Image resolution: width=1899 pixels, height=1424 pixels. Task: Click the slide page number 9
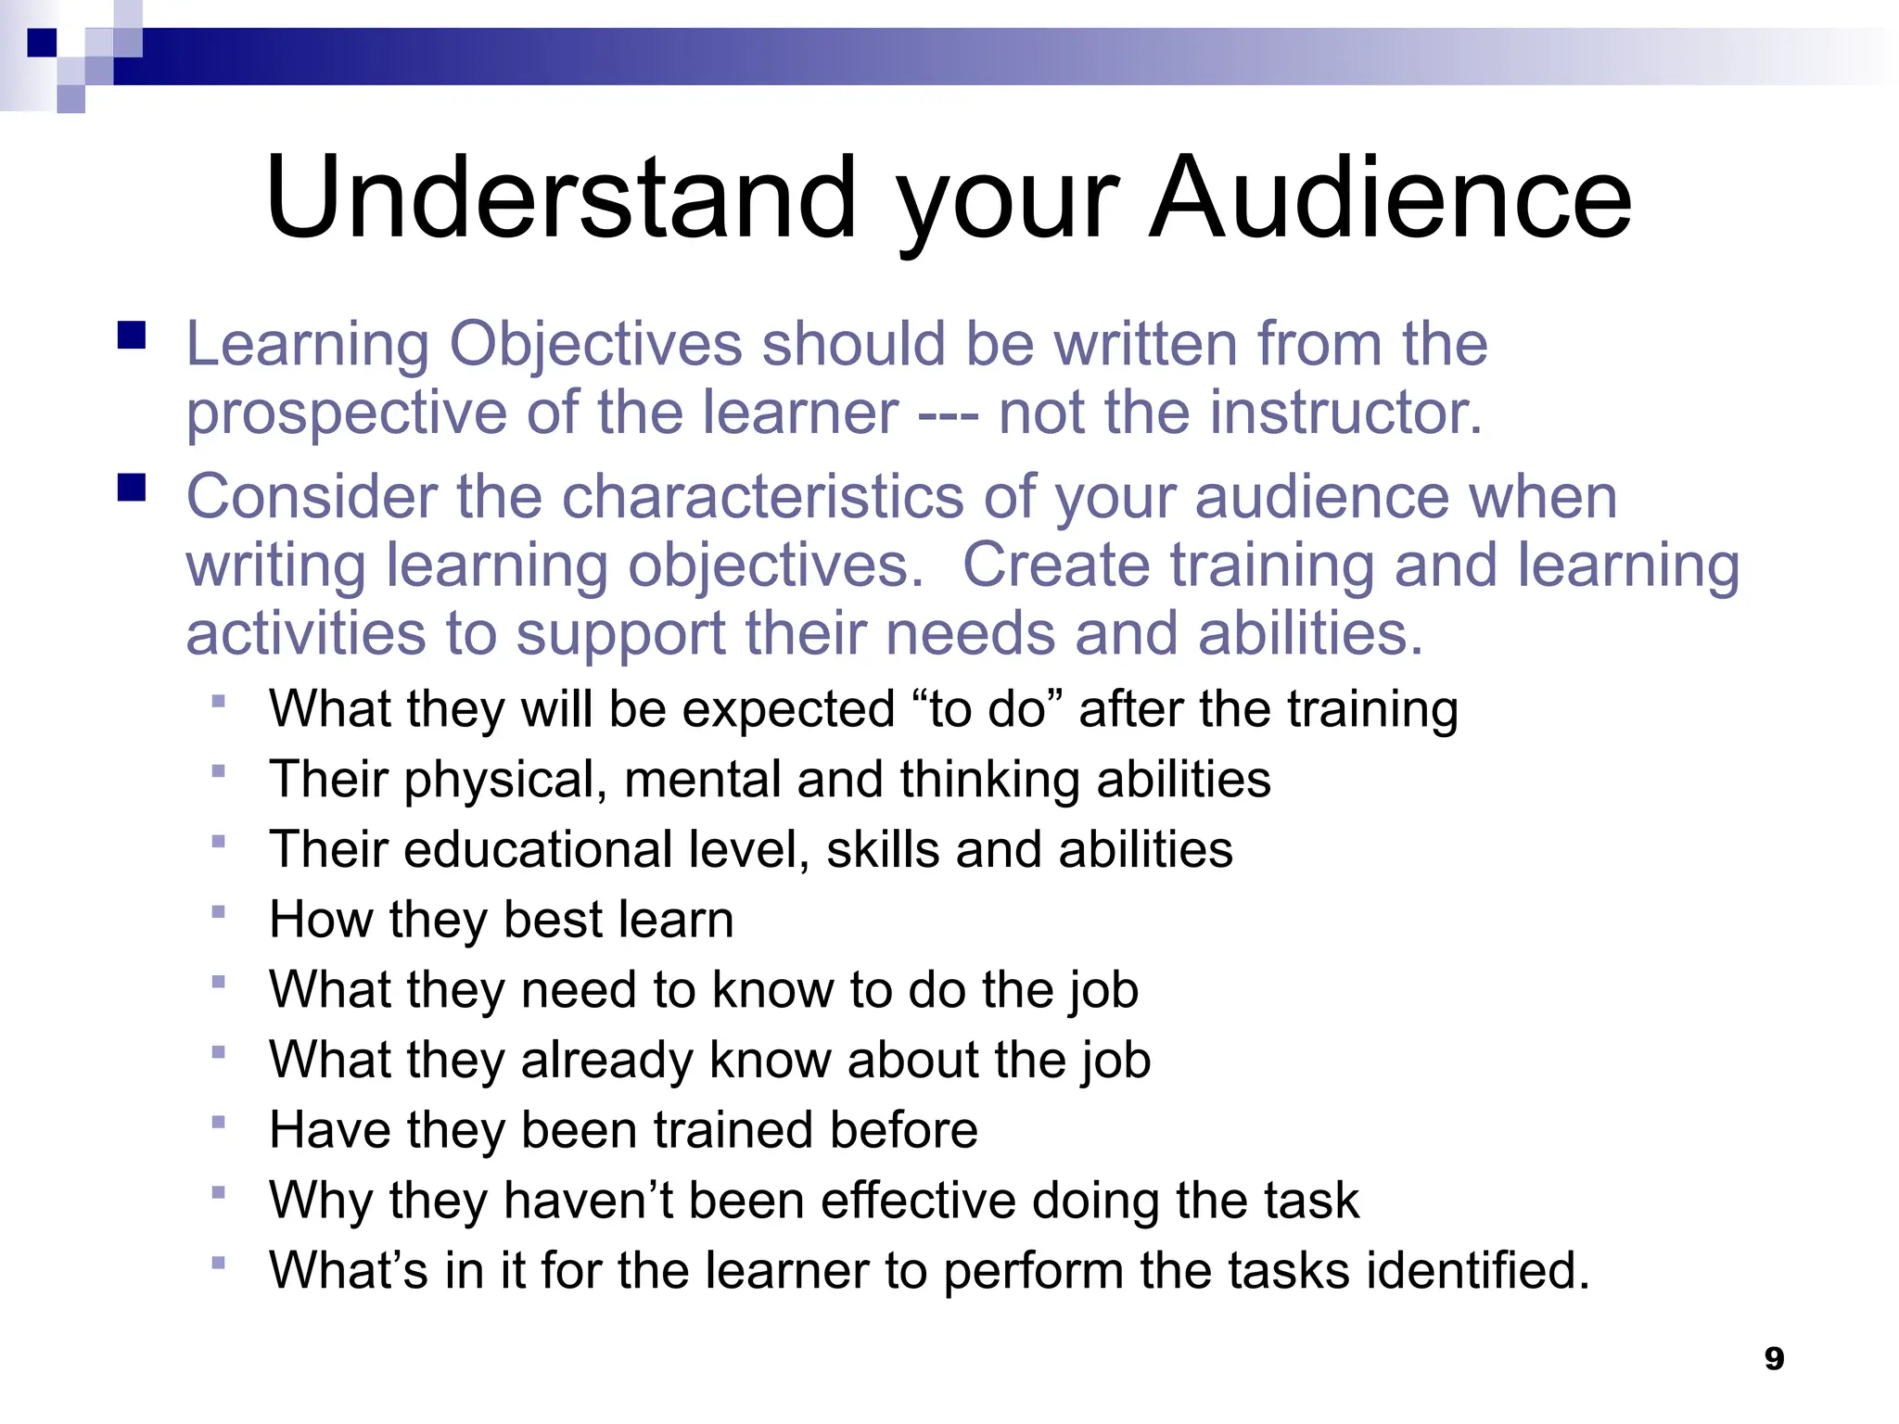pos(1774,1358)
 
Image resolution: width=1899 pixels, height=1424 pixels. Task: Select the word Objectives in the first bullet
pos(595,345)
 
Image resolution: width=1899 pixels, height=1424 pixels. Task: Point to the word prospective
pos(346,413)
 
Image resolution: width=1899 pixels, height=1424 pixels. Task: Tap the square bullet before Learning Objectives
pos(132,335)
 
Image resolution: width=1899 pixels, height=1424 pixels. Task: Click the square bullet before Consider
pos(132,488)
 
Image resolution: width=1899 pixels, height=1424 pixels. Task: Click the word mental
pos(702,779)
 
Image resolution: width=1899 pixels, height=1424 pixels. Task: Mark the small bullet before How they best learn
pos(219,911)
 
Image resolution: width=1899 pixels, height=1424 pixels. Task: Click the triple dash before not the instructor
pos(948,413)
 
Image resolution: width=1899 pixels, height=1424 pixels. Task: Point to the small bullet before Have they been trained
pos(219,1122)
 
